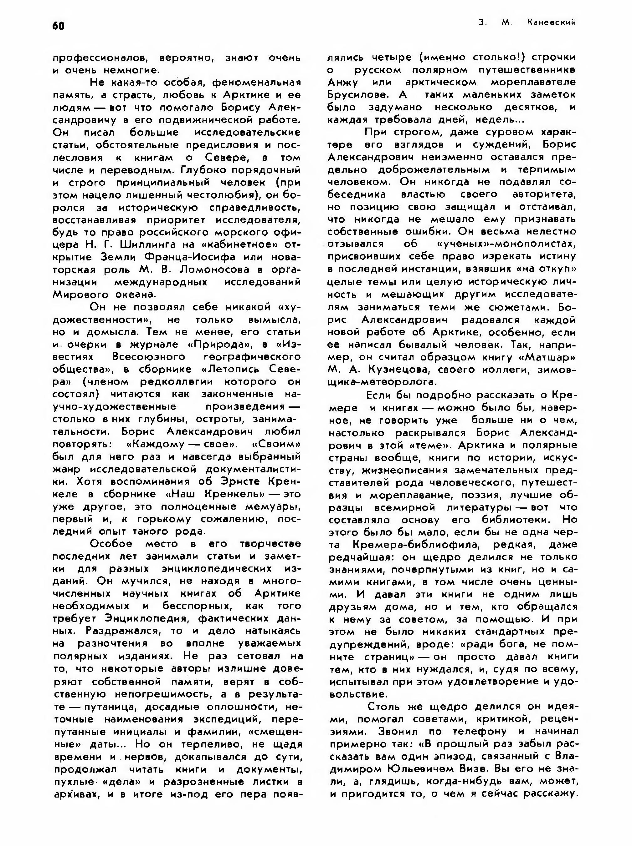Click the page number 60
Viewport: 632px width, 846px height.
coord(59,26)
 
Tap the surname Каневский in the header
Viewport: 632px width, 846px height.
coord(551,23)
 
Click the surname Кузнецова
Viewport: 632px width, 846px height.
coord(400,370)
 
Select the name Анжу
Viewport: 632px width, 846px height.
coord(343,83)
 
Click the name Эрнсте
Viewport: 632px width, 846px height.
coord(228,481)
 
